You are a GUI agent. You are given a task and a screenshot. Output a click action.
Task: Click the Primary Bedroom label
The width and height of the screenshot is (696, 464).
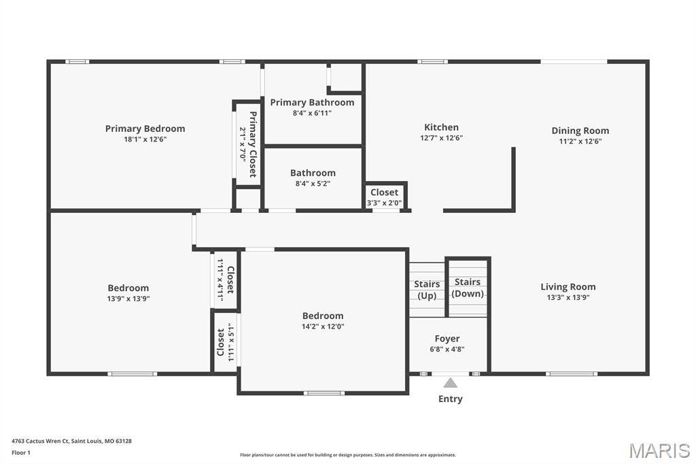(x=145, y=129)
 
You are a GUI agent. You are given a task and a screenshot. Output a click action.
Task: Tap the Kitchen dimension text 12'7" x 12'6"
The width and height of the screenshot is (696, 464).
(x=442, y=138)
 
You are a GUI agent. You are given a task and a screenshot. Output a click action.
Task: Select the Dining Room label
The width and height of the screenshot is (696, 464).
(x=580, y=131)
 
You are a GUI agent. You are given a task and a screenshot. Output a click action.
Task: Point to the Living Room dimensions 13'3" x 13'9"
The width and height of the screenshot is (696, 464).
(x=568, y=297)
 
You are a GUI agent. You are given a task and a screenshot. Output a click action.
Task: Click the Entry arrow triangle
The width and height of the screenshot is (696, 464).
(x=450, y=382)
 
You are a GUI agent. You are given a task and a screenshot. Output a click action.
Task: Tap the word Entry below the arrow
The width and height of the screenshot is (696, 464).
(x=451, y=399)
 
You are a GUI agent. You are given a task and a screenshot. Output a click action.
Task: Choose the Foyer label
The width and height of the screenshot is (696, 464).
(x=447, y=339)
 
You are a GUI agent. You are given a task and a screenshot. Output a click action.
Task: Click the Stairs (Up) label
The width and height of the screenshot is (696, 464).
(x=427, y=290)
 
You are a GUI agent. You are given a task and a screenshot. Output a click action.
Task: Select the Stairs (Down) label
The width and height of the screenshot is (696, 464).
(x=468, y=288)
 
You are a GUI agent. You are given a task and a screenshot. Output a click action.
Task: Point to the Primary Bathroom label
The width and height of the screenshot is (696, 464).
(x=312, y=102)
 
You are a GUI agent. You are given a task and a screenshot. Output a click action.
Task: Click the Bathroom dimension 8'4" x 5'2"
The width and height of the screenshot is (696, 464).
(x=313, y=184)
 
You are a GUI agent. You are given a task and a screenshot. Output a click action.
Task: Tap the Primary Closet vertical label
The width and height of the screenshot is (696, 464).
(x=253, y=144)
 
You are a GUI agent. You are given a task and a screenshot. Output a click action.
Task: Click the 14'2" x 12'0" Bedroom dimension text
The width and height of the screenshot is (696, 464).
(x=323, y=326)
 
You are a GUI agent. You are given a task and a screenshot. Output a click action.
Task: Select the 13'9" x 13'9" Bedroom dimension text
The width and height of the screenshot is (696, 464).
(x=128, y=299)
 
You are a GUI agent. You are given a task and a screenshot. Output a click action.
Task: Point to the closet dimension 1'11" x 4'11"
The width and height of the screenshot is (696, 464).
(x=220, y=280)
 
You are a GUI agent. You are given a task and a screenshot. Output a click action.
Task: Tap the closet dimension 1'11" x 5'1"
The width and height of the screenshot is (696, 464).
(x=231, y=342)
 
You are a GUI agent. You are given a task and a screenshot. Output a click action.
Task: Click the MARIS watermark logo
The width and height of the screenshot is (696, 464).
(x=659, y=450)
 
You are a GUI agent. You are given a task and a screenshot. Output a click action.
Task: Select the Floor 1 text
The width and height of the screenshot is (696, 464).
(x=21, y=453)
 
